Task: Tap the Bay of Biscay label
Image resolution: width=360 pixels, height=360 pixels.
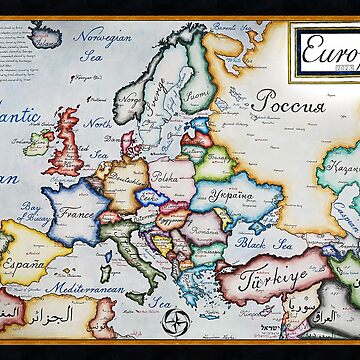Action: (x=35, y=212)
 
